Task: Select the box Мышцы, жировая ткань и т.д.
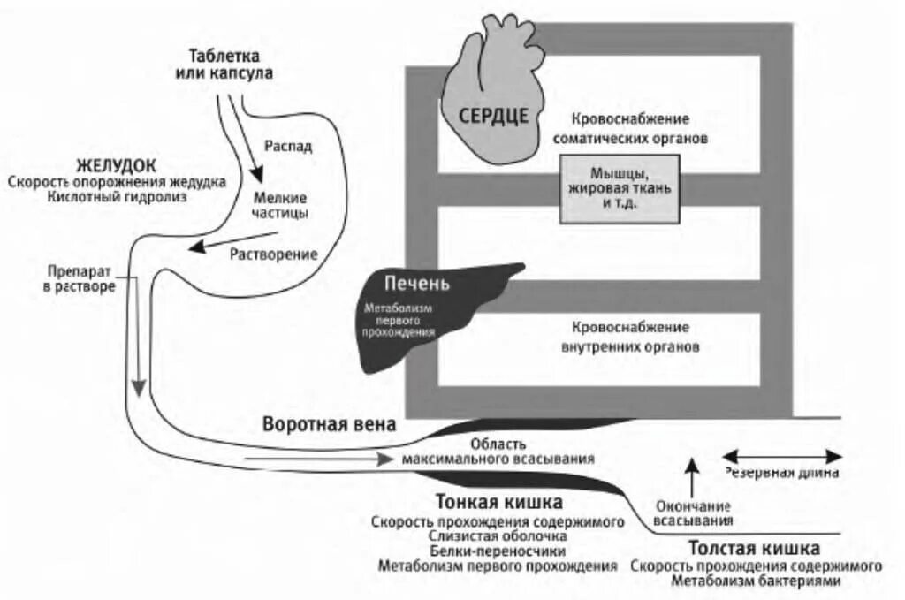pyautogui.click(x=619, y=186)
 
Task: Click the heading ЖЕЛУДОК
pyautogui.click(x=117, y=165)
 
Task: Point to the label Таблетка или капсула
pyautogui.click(x=224, y=65)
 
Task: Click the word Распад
pyautogui.click(x=287, y=147)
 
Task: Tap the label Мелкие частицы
pyautogui.click(x=280, y=206)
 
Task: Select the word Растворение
pyautogui.click(x=273, y=254)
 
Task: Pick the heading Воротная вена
pyautogui.click(x=329, y=424)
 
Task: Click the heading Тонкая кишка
pyautogui.click(x=499, y=503)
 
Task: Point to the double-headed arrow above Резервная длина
pyautogui.click(x=783, y=456)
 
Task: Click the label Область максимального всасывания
pyautogui.click(x=498, y=452)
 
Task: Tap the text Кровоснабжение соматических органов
pyautogui.click(x=629, y=128)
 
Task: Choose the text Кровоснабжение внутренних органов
pyautogui.click(x=630, y=337)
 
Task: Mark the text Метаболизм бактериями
pyautogui.click(x=756, y=581)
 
